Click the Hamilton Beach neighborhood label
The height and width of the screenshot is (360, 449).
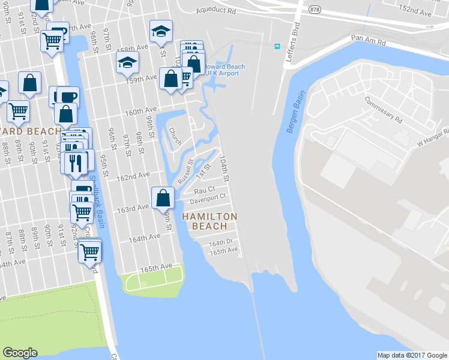pos(209,221)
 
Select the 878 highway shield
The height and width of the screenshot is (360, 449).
pos(315,10)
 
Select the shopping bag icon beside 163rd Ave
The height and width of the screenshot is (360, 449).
pos(163,197)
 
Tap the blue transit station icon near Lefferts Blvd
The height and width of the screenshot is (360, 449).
pos(277,46)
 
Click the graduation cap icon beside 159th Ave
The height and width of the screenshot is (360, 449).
pos(127,62)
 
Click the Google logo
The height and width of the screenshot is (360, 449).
pos(20,353)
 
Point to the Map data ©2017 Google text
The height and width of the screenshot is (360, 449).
pos(412,355)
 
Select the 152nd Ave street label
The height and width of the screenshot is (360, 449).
pos(415,12)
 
